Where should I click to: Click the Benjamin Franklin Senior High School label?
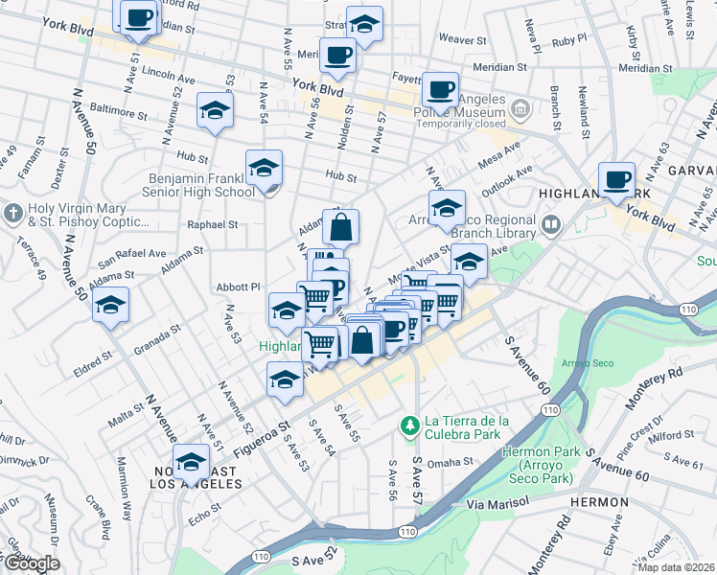click(201, 185)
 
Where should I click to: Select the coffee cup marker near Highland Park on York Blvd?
click(616, 178)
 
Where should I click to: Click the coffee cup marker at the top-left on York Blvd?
click(138, 16)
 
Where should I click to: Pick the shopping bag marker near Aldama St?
click(340, 227)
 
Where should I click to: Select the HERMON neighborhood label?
click(600, 501)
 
